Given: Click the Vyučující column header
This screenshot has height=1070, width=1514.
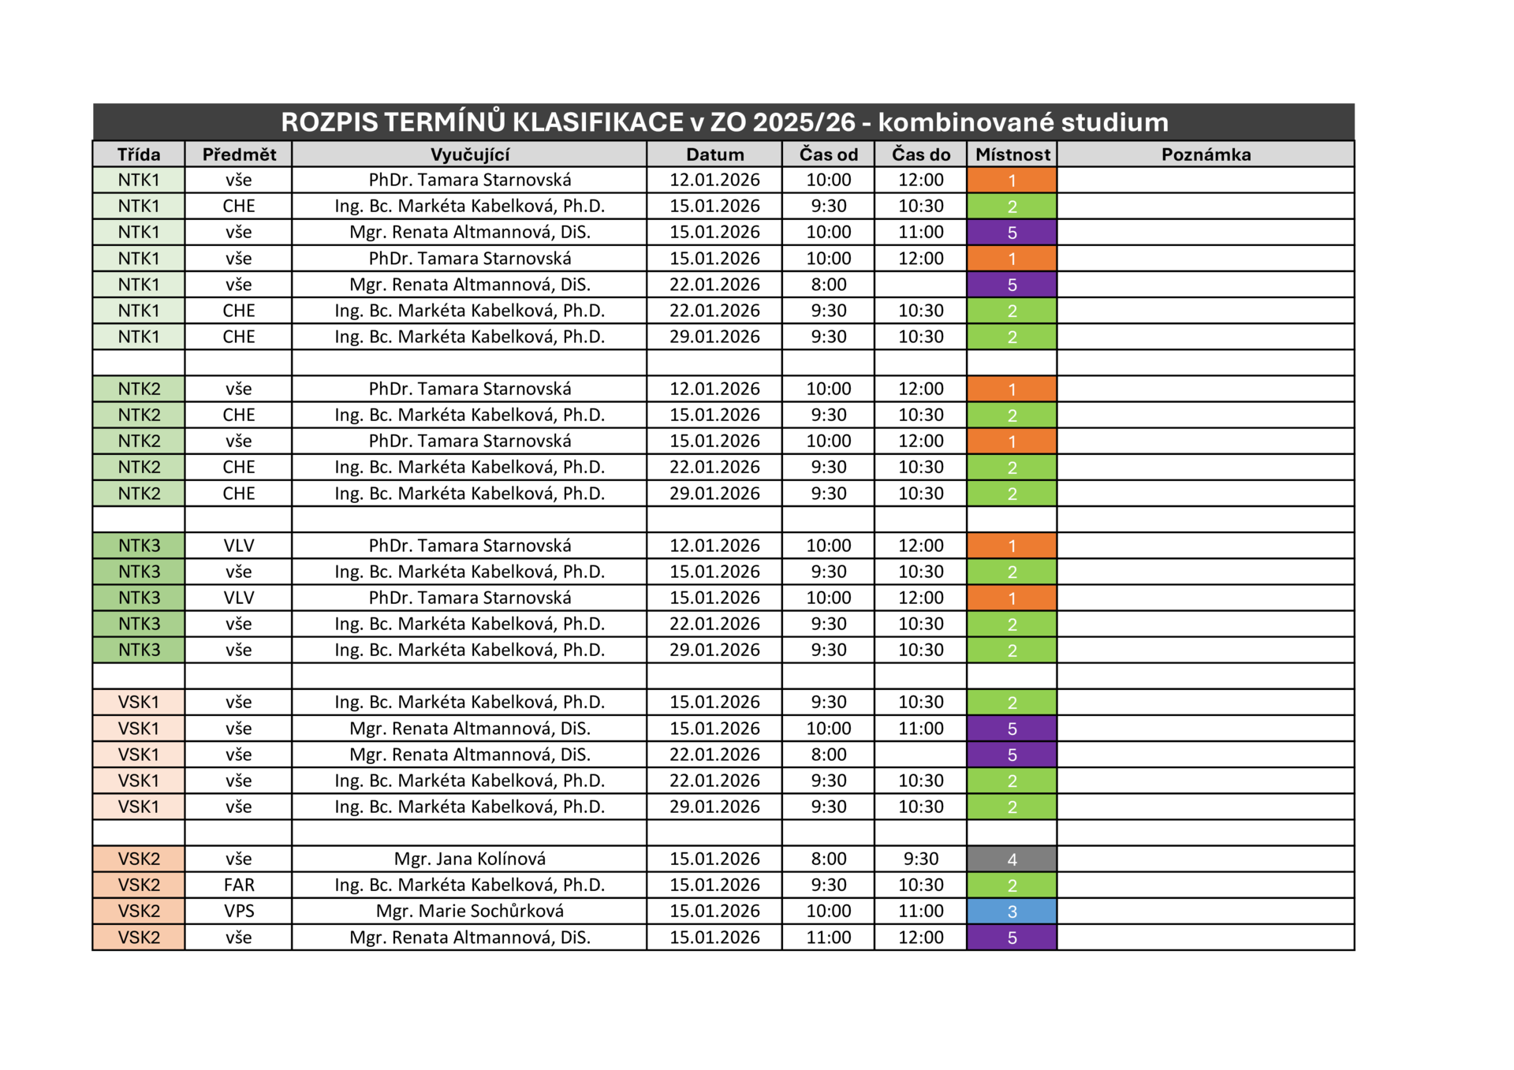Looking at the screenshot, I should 469,155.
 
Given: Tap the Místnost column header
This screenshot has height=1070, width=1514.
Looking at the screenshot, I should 1012,155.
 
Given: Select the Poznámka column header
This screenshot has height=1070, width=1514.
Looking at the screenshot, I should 1206,155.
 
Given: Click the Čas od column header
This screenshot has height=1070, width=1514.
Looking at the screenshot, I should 828,155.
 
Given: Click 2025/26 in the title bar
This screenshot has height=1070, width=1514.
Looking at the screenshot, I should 804,122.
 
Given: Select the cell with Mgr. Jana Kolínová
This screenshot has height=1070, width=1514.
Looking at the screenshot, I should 469,859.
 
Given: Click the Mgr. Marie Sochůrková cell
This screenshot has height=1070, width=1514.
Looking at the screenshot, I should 469,911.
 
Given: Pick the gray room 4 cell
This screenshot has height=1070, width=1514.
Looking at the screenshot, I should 1012,859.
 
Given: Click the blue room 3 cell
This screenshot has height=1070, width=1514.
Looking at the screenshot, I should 1012,912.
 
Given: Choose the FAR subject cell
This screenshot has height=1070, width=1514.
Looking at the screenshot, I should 239,885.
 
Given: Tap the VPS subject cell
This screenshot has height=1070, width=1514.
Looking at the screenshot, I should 239,911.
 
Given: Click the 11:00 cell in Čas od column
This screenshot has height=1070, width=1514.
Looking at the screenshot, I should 828,937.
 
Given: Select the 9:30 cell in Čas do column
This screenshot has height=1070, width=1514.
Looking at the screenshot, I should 920,859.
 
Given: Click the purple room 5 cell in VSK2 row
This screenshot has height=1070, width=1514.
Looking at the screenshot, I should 1012,938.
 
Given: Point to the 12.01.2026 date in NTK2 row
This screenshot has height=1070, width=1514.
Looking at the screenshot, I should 714,389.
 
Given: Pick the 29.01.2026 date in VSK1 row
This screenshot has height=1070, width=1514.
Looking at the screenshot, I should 714,807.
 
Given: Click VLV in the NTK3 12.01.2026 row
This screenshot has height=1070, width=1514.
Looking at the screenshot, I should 239,546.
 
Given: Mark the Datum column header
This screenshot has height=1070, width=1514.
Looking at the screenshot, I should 714,155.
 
